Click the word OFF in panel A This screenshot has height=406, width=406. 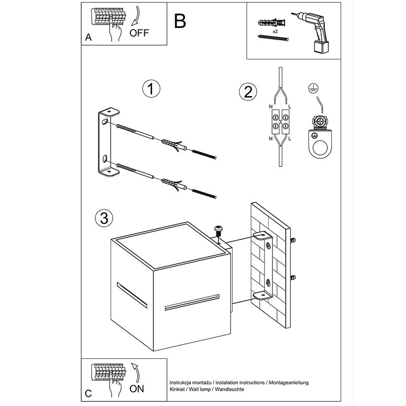[139, 34]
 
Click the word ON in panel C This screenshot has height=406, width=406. [137, 389]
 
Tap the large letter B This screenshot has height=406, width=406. [180, 21]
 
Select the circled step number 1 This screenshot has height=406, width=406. [150, 89]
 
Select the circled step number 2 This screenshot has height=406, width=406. [248, 92]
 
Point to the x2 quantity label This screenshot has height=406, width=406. [275, 31]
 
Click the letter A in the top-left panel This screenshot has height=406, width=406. [88, 38]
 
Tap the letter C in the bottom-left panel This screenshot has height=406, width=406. [88, 393]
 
